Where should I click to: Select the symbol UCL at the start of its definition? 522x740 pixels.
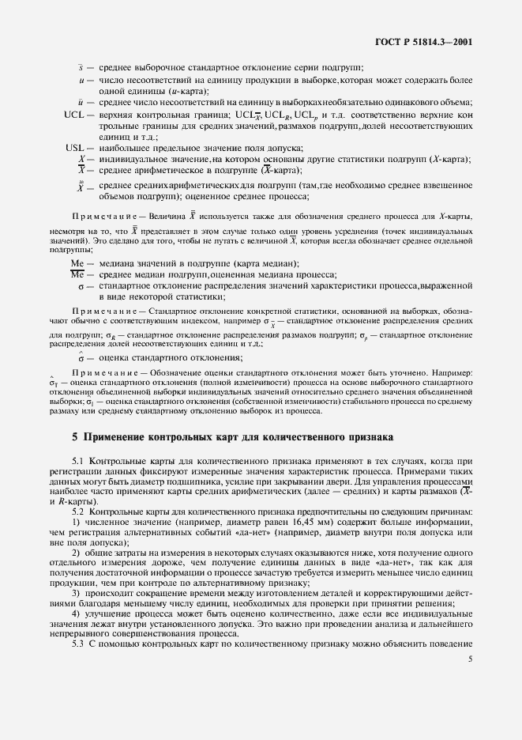point(74,115)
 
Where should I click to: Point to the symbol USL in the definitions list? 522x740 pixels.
point(74,148)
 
